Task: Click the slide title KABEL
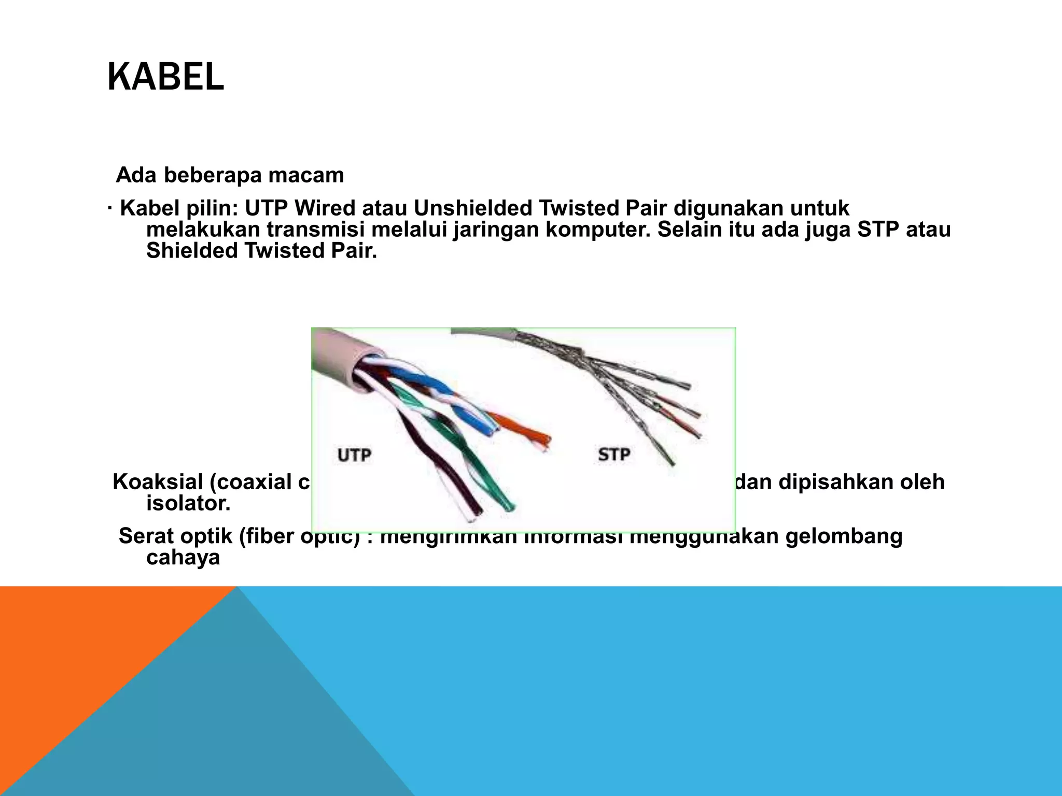coord(165,77)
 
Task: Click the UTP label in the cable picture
coord(354,456)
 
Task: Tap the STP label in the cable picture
coord(614,454)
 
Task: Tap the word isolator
coord(188,503)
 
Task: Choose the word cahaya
coord(183,558)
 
